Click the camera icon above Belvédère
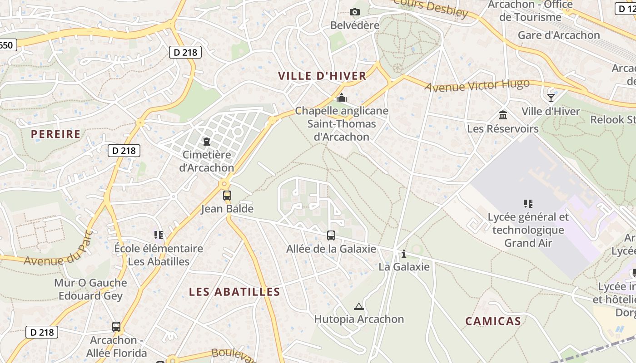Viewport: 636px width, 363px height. point(355,12)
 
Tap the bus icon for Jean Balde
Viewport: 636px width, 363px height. point(227,196)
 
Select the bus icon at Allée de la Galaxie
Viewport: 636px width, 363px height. point(331,235)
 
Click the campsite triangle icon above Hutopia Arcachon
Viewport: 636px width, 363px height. point(359,306)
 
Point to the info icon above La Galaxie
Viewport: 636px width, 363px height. point(403,254)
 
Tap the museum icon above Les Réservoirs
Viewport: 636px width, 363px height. point(503,115)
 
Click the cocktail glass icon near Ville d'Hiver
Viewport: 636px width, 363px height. point(551,98)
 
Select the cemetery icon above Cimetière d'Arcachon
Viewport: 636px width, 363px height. point(207,142)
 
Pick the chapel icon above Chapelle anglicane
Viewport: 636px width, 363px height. point(341,98)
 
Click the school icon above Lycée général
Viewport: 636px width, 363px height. point(528,203)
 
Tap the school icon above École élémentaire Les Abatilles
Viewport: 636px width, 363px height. point(158,235)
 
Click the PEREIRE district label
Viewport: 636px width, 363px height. point(56,134)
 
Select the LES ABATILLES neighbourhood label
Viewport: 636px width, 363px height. point(234,292)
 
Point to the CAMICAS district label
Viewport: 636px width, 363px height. point(493,321)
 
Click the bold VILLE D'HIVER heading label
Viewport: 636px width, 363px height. point(322,76)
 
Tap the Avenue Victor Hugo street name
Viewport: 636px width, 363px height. point(477,85)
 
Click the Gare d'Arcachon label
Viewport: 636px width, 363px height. point(559,35)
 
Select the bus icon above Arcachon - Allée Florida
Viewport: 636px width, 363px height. point(116,326)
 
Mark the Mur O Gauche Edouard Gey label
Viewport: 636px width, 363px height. point(90,289)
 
